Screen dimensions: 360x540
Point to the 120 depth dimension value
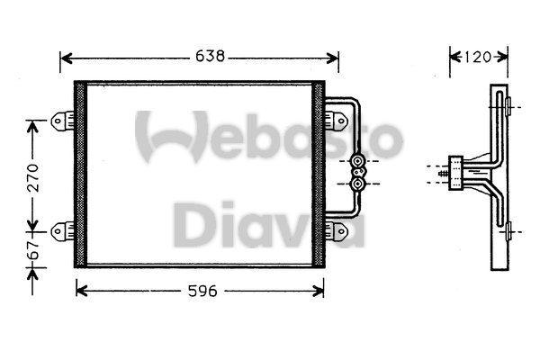(x=479, y=57)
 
